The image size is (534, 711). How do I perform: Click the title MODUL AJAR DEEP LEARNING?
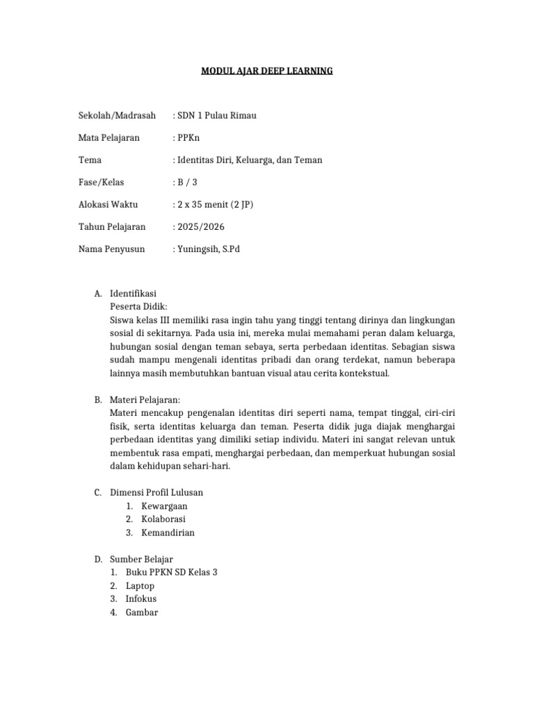coord(267,71)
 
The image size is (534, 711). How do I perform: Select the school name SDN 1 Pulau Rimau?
coord(216,115)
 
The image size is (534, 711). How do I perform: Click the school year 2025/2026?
coord(200,226)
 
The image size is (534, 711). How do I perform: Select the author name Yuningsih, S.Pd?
coord(208,249)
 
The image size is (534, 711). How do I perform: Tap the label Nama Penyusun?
coord(111,249)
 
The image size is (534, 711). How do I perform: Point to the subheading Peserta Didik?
coord(138,307)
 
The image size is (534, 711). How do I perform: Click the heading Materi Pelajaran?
coord(145,400)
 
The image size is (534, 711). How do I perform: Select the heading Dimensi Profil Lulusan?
coord(156,492)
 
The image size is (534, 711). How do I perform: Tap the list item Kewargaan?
coord(164,506)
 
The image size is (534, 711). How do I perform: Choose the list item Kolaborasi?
coord(163,519)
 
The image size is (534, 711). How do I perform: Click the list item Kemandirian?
coord(168,533)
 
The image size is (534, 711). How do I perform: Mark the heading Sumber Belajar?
coord(142,559)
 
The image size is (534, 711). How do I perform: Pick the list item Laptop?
coord(140,586)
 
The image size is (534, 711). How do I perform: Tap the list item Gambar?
coord(142,612)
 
